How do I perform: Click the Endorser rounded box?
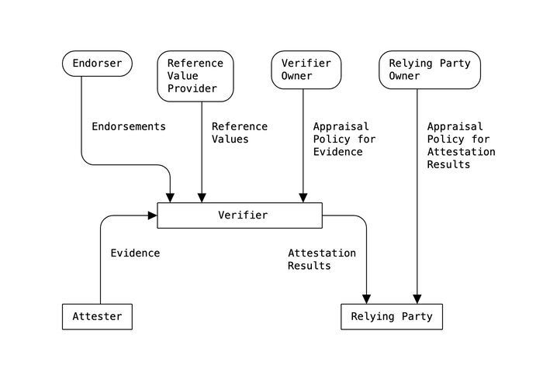coord(97,64)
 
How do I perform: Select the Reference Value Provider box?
coord(195,76)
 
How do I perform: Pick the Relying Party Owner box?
coord(430,70)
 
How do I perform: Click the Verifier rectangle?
coord(240,215)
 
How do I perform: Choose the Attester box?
coord(97,316)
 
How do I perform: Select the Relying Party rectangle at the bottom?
coord(392,316)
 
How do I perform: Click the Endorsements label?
coord(129,126)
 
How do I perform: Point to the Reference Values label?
coord(240,133)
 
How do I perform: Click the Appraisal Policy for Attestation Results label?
coord(461,145)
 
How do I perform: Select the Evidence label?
coord(135,253)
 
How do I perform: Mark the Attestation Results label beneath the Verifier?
coord(322,259)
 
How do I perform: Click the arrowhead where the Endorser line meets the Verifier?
coord(171,198)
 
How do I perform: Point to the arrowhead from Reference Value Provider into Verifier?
coord(202,198)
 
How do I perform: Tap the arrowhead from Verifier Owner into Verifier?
coord(303,198)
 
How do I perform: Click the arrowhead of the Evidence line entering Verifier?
coord(153,215)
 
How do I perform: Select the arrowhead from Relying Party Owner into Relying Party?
coord(417,299)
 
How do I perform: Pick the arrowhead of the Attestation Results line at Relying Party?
coord(366,299)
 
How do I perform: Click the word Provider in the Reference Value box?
coord(192,88)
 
